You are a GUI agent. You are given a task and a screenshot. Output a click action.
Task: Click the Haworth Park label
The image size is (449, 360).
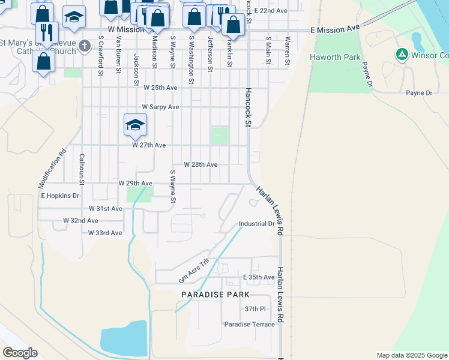pos(335,57)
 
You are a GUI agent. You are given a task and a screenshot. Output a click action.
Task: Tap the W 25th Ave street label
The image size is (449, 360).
pos(160,88)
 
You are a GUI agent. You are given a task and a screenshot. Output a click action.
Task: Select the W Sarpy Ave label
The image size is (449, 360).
pos(160,107)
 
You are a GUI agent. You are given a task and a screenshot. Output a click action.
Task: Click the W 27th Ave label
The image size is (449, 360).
pos(148,145)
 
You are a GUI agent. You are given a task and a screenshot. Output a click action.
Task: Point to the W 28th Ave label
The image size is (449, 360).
pos(200,164)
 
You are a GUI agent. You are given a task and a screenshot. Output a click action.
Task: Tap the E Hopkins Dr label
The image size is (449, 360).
pos(60,196)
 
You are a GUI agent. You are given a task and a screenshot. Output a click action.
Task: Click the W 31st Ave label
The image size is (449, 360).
pos(105,209)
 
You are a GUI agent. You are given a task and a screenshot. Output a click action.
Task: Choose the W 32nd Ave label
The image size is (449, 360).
pos(80,221)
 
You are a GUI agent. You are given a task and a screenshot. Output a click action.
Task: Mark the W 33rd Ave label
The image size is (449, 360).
pos(104,233)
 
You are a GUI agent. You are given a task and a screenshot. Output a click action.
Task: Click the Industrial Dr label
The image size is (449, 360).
pos(256,224)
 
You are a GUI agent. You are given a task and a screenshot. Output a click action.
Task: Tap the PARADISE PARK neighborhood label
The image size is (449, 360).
pos(215,295)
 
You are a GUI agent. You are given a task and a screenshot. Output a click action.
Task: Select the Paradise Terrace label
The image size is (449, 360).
pos(250,325)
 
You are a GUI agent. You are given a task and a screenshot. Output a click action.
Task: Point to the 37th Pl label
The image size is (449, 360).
pos(255,309)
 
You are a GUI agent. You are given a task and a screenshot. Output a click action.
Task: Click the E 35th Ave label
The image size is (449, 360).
pos(259,277)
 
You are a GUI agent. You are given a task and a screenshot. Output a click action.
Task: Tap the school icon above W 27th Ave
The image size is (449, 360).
pos(135,125)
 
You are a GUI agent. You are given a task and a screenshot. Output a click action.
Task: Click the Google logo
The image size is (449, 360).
pos(20,353)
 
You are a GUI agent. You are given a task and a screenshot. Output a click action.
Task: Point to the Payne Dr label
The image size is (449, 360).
pos(419,93)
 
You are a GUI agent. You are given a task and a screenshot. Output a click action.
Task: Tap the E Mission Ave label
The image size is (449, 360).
pos(336,28)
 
